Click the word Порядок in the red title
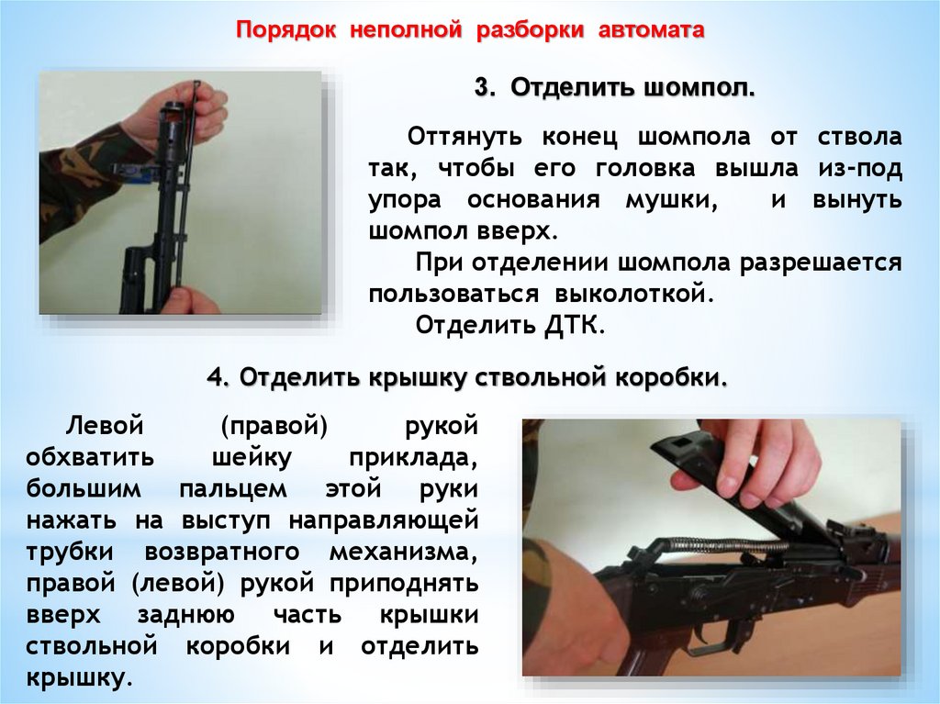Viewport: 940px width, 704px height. pos(286,30)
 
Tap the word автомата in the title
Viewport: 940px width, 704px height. pos(651,30)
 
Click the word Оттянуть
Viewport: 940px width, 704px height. pos(464,138)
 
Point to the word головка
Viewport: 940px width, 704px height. pos(645,169)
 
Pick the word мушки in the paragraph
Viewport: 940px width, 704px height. pos(672,200)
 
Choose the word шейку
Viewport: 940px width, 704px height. pos(252,457)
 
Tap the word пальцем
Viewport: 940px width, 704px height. pos(233,489)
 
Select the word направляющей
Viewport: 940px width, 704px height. pos(384,520)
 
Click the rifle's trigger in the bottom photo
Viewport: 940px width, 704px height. pos(710,639)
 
